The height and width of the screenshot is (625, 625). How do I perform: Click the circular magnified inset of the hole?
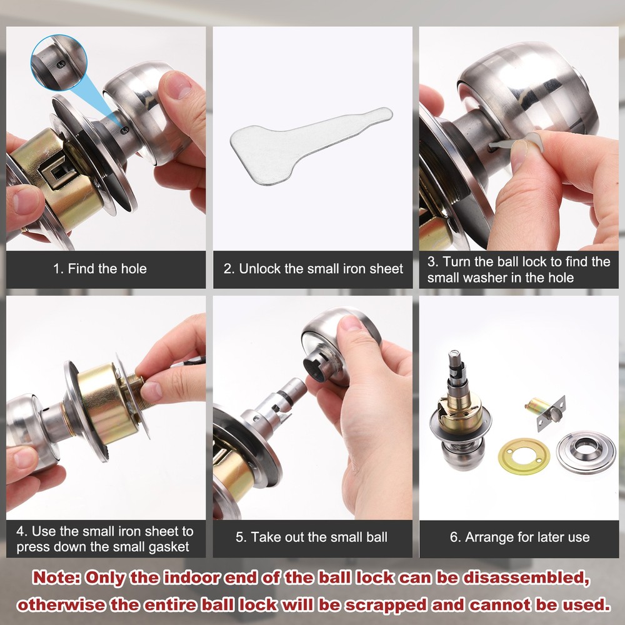pyautogui.click(x=59, y=62)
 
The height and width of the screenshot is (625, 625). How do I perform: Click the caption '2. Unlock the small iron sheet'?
pyautogui.click(x=313, y=269)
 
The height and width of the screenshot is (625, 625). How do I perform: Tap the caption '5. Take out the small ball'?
pyautogui.click(x=312, y=537)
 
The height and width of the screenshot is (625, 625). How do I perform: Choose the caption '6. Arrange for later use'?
pyautogui.click(x=519, y=537)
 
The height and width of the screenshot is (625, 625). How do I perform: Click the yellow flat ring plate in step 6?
pyautogui.click(x=524, y=456)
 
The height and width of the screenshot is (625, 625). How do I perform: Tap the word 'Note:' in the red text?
pyautogui.click(x=57, y=577)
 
